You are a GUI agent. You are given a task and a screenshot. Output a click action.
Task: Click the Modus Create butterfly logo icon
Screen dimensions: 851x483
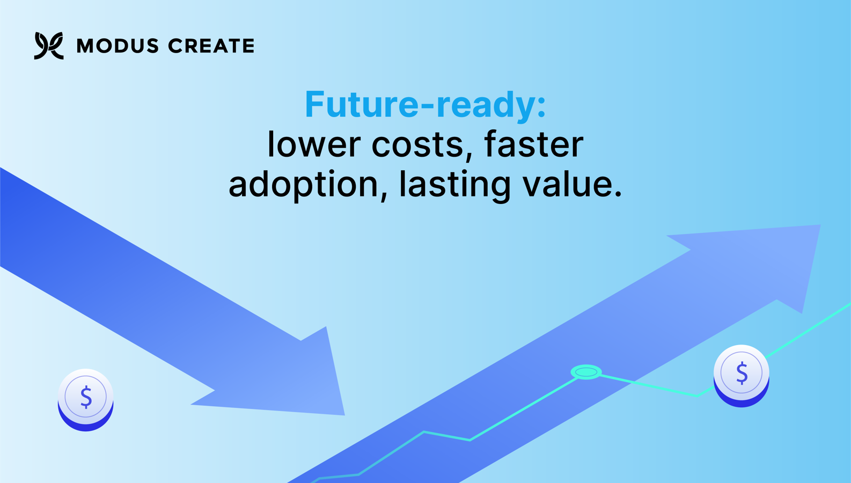click(49, 46)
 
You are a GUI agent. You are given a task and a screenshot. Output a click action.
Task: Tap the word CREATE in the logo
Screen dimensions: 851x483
click(211, 46)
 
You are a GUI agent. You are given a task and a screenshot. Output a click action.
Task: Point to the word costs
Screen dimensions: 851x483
click(417, 146)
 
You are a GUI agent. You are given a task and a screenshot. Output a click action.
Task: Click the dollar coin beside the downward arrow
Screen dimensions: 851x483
click(85, 400)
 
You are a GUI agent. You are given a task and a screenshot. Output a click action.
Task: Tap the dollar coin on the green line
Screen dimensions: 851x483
click(741, 376)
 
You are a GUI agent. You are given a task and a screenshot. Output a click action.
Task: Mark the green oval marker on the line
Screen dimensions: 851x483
click(586, 372)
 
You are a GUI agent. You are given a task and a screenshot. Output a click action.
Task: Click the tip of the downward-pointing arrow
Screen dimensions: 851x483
click(344, 415)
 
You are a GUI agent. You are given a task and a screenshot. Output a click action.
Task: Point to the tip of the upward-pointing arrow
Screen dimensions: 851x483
click(820, 225)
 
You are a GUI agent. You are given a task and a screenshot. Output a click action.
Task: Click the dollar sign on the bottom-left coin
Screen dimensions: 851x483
click(86, 397)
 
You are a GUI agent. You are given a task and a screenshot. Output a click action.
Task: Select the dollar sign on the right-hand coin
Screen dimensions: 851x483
click(742, 373)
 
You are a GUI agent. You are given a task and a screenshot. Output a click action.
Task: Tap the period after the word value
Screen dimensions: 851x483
click(618, 193)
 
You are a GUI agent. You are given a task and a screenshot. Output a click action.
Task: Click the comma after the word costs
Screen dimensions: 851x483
click(469, 155)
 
